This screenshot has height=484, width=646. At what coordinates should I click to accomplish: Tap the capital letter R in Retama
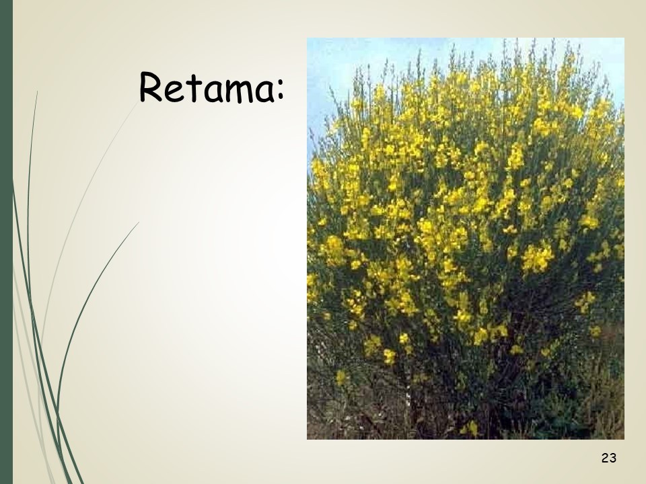pyautogui.click(x=150, y=87)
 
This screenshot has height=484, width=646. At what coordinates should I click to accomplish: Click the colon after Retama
pyautogui.click(x=281, y=90)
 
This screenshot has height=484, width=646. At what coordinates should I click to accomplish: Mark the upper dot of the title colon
pyautogui.click(x=281, y=83)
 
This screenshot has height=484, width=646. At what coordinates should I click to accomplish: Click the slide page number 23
pyautogui.click(x=608, y=458)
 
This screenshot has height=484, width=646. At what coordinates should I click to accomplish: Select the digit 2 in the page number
pyautogui.click(x=605, y=458)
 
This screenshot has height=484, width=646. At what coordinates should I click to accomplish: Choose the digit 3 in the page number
pyautogui.click(x=612, y=458)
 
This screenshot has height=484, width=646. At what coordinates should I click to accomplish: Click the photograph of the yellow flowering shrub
pyautogui.click(x=466, y=239)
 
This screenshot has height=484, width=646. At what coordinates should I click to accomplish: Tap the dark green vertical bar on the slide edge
pyautogui.click(x=6, y=242)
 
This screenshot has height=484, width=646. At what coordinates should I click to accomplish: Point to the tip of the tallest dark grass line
pyautogui.click(x=37, y=91)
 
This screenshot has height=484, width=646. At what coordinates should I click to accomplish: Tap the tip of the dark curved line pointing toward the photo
pyautogui.click(x=139, y=223)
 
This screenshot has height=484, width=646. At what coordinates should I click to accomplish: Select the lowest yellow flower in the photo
pyautogui.click(x=471, y=429)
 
